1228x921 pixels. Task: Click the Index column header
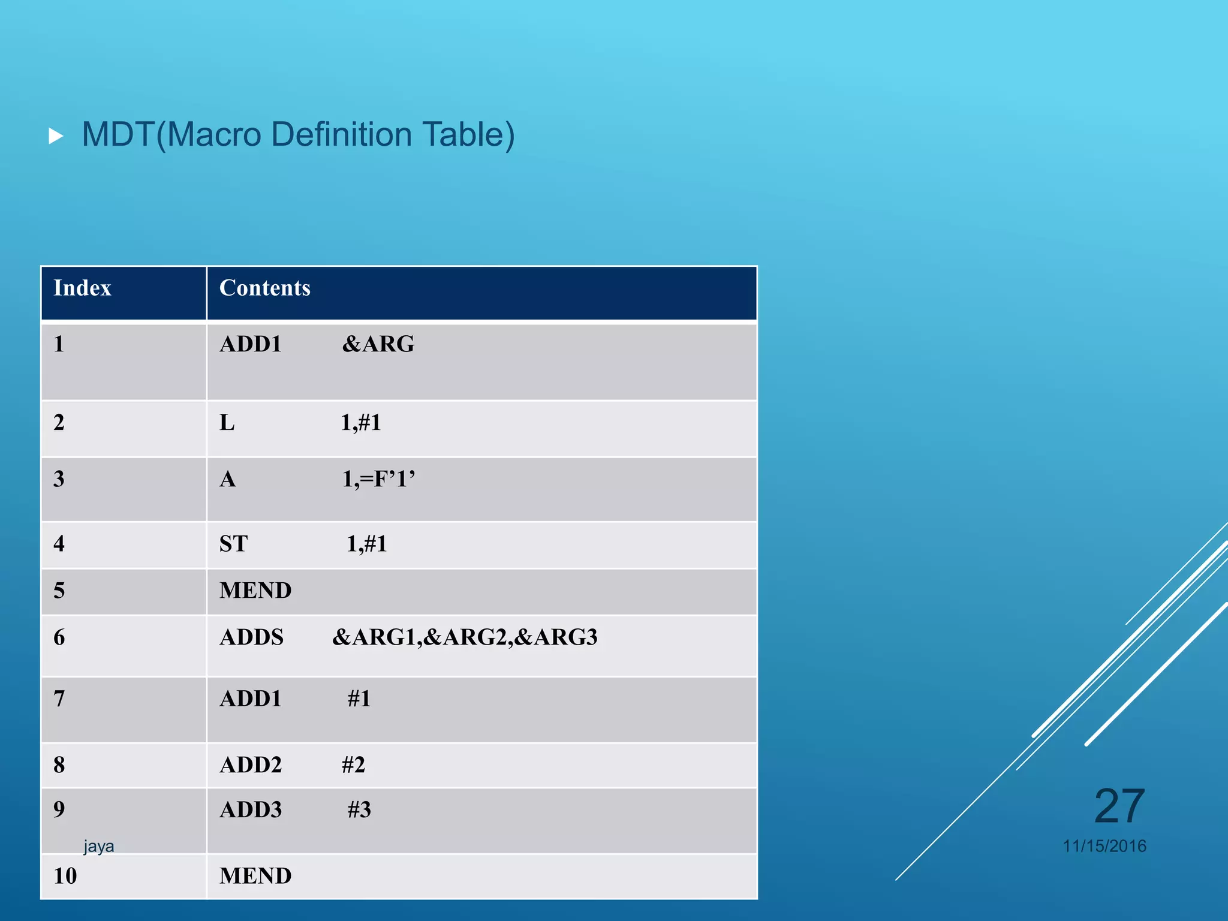coord(82,288)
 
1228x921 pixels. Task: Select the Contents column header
coord(264,288)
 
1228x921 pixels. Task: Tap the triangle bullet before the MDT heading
coord(56,136)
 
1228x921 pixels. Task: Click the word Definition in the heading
coord(341,134)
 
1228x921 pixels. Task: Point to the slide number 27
coord(1119,806)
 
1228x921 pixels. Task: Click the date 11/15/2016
coord(1104,846)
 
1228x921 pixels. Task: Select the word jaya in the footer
coord(98,846)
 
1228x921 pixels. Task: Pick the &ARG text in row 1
coord(378,344)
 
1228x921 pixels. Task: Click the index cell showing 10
coord(65,876)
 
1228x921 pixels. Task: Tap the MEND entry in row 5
coord(255,591)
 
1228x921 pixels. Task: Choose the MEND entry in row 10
coord(255,876)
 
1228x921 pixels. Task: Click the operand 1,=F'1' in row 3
coord(378,479)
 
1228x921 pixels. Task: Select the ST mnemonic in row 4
coord(233,544)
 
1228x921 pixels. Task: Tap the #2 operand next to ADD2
coord(353,765)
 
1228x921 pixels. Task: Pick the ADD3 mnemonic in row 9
coord(251,810)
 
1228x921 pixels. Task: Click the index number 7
coord(59,699)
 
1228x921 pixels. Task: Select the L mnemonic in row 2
coord(227,423)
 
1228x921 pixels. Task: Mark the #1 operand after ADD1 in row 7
coord(359,699)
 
